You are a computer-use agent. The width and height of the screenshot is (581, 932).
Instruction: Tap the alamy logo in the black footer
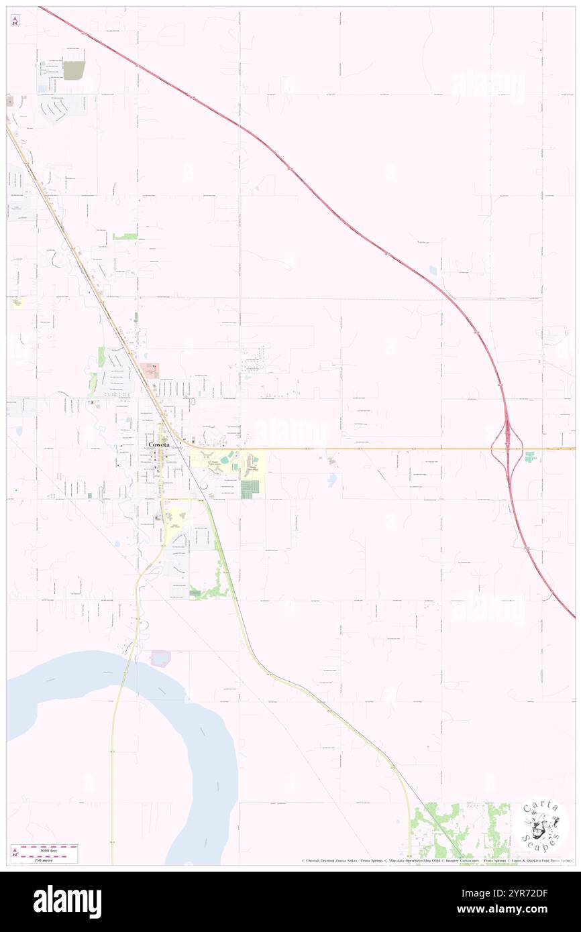point(67,901)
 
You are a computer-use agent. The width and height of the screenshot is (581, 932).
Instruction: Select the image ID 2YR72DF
point(519,893)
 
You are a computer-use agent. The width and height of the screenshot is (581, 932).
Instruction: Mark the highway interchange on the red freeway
point(507,448)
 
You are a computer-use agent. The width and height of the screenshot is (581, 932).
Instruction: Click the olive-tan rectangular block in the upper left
point(74,70)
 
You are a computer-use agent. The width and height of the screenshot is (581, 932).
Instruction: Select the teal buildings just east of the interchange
point(531,457)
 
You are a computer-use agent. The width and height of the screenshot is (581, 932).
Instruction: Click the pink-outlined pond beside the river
point(161,658)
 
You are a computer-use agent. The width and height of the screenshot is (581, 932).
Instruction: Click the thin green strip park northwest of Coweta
point(101,356)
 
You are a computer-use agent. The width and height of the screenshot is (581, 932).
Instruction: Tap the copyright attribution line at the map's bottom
point(436,860)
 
